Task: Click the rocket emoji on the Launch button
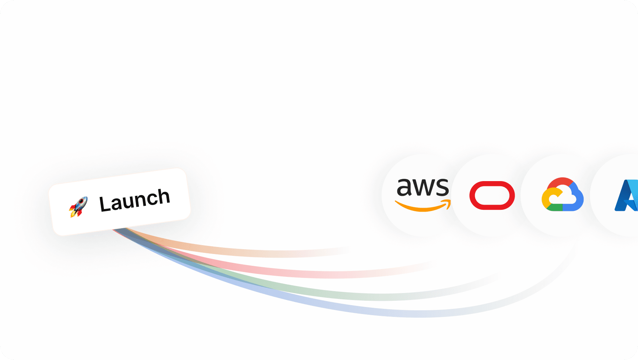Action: (78, 207)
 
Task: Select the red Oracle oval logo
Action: (492, 195)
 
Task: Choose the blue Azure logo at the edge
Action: (626, 195)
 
